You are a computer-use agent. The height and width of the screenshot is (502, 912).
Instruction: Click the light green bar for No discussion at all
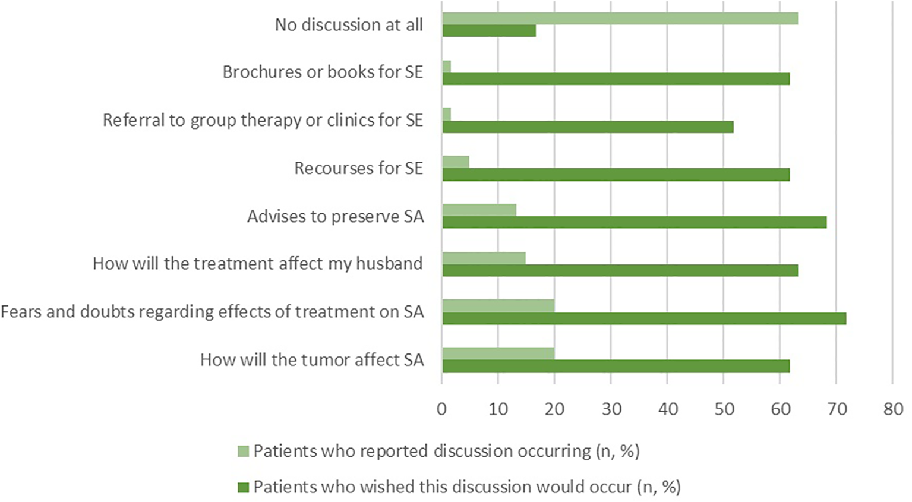[620, 18]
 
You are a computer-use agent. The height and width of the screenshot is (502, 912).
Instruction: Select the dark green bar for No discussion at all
[489, 31]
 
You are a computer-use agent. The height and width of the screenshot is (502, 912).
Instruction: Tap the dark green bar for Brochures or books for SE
[616, 78]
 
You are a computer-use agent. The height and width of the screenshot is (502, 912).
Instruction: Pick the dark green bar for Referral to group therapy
[588, 127]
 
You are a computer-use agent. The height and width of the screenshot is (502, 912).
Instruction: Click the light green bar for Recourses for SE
[456, 162]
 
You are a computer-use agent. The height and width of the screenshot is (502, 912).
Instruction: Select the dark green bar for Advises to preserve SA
[634, 222]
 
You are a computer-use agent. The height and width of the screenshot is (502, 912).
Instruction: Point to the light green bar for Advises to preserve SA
[479, 210]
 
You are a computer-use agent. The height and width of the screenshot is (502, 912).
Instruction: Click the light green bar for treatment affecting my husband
[484, 258]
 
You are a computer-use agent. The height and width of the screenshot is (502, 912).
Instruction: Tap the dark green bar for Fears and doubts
[644, 318]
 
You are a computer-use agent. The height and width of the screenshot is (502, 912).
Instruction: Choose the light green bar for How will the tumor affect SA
[498, 353]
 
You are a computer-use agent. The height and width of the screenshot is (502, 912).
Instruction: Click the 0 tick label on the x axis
[441, 409]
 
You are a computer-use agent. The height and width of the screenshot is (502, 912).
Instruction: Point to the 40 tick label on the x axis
[668, 409]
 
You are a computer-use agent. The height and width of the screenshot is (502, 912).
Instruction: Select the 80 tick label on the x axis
[893, 409]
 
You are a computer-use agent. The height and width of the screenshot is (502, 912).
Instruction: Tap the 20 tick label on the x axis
[554, 409]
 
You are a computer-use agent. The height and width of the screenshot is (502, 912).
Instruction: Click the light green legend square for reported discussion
[243, 452]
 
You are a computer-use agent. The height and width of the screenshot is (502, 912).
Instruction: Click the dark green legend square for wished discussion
[243, 488]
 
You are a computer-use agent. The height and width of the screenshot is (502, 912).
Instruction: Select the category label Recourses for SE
[358, 168]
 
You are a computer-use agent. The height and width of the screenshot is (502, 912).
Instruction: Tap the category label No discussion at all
[349, 25]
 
